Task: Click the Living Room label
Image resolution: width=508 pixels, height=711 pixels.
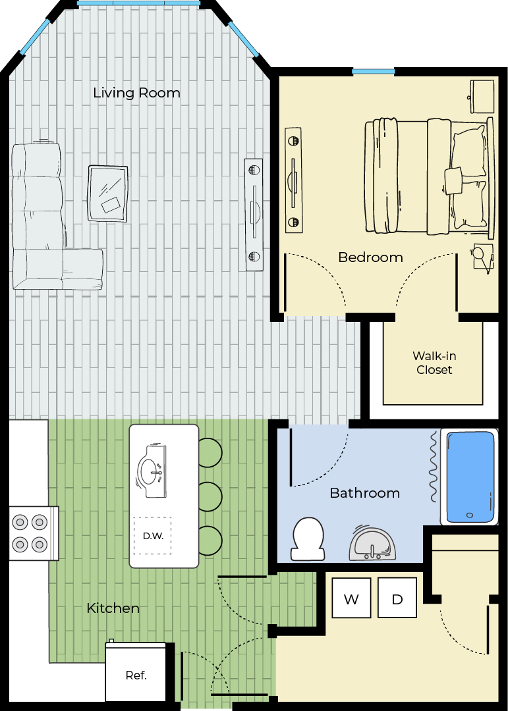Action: point(136,93)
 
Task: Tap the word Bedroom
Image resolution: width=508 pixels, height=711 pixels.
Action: point(370,257)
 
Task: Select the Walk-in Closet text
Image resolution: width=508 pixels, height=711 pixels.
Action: point(434,363)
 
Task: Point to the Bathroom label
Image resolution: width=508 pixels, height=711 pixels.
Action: point(365,493)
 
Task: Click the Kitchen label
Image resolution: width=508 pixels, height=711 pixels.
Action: point(113,608)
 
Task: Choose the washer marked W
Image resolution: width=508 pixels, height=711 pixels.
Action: point(351,598)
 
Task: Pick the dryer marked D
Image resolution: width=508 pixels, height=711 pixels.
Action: point(397,598)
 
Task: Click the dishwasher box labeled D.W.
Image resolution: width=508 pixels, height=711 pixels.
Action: point(153,535)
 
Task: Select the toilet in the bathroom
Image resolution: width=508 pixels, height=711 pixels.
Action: point(308,540)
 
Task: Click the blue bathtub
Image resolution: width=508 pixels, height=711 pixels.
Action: point(470,477)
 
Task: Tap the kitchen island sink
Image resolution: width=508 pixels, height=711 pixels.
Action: point(152,471)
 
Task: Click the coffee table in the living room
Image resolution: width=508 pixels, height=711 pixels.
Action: point(107,194)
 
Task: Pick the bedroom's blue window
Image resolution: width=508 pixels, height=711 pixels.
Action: point(374,71)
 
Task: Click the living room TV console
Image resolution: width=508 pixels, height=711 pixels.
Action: point(254,215)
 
